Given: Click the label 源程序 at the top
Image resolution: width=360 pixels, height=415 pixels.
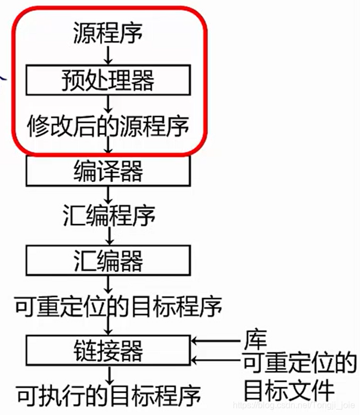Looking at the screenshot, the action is pyautogui.click(x=108, y=34).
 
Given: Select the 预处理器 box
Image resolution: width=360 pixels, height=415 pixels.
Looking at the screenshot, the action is pyautogui.click(x=108, y=81).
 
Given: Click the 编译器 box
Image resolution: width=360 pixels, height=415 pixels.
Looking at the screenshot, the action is pyautogui.click(x=108, y=172).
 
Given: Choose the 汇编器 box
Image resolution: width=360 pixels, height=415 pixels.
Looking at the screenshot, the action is pyautogui.click(x=108, y=261).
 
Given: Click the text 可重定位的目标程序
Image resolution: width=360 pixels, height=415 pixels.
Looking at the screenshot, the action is pyautogui.click(x=118, y=306).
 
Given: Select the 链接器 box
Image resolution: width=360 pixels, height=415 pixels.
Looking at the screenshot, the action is pyautogui.click(x=108, y=351).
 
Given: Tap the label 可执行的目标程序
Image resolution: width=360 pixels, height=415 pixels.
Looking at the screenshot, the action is pyautogui.click(x=108, y=393).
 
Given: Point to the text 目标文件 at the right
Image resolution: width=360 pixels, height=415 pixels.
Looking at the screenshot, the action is pyautogui.click(x=289, y=389).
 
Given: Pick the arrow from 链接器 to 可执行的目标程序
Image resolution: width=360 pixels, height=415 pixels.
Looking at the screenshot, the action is pyautogui.click(x=108, y=374).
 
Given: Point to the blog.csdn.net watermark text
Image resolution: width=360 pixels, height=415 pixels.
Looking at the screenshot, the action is pyautogui.click(x=294, y=406).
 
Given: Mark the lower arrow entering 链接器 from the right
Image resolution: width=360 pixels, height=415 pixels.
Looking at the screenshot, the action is pyautogui.click(x=215, y=360).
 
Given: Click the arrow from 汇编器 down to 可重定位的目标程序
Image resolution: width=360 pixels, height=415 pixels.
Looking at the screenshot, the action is pyautogui.click(x=108, y=283).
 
